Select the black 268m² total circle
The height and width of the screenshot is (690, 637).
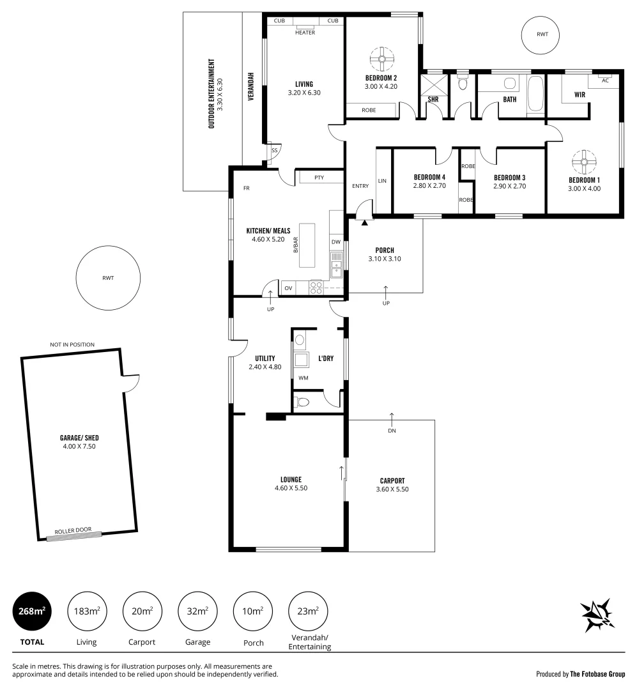pos(32,611)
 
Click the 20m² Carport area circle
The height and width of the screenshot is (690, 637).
pos(142,611)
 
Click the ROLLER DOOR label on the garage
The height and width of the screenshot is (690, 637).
pos(73,530)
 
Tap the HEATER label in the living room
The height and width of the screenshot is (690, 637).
pos(305,33)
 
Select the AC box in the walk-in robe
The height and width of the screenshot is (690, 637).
pos(605,80)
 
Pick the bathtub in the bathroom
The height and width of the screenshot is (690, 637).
pos(535,96)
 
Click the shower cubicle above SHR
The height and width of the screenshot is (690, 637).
pos(433,84)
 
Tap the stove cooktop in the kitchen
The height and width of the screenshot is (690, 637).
pos(316,287)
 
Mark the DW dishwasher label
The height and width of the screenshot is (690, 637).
pos(336,241)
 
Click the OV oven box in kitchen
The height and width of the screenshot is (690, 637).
pos(288,288)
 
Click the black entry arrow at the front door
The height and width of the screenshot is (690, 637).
pos(365,222)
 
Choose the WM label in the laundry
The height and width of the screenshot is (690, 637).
pos(303,378)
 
